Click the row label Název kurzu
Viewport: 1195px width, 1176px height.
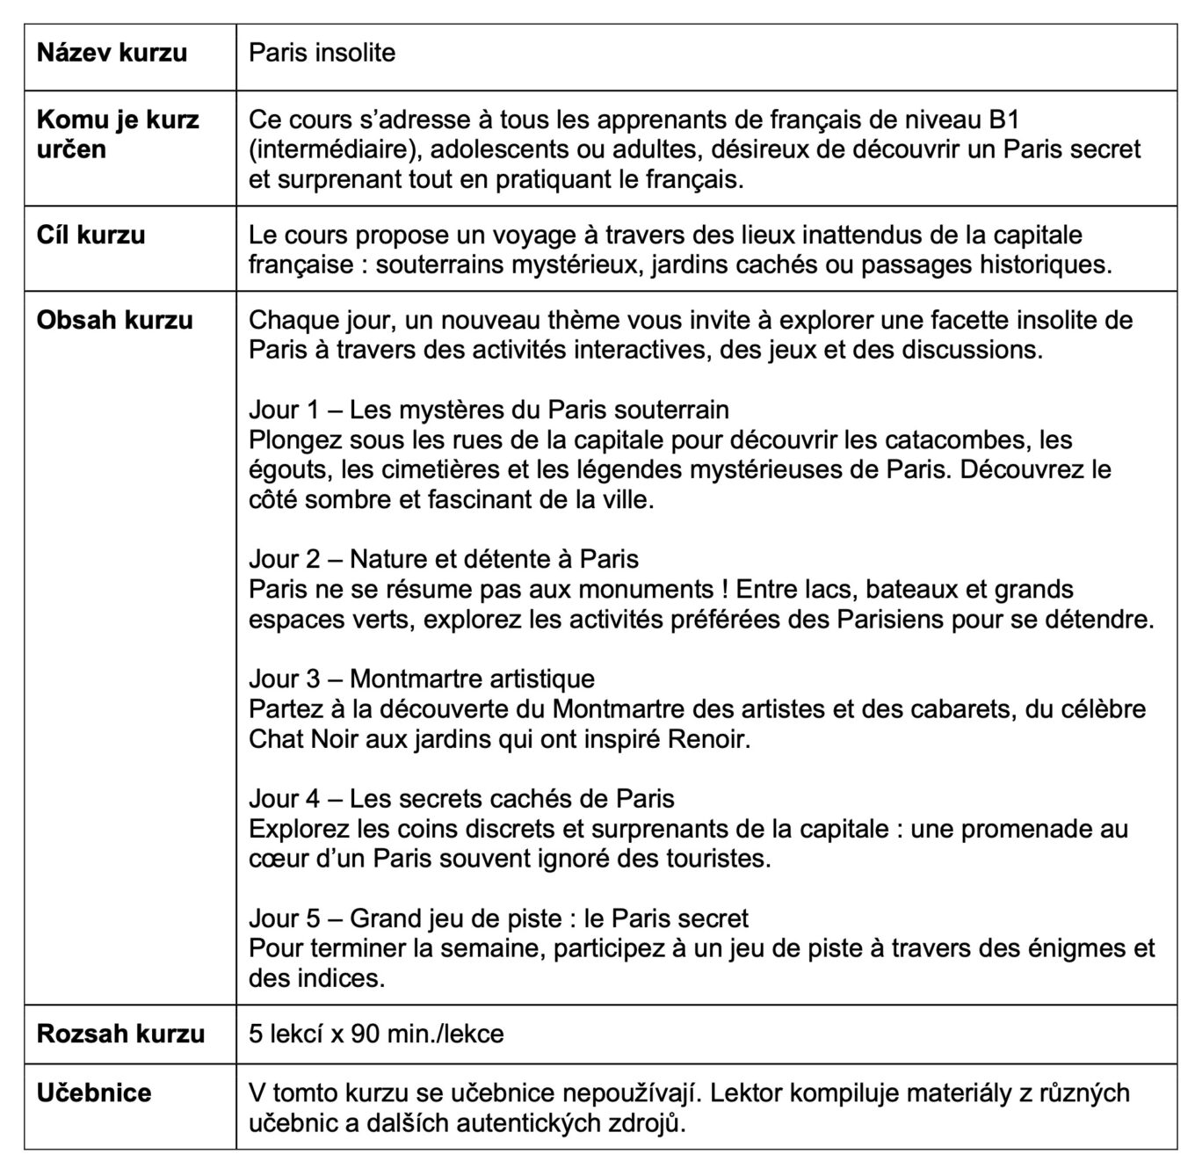point(112,53)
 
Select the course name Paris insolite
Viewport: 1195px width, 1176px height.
point(322,53)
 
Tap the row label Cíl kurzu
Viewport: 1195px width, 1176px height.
point(91,236)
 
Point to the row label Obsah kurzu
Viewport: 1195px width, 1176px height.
point(114,320)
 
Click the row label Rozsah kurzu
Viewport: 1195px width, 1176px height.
point(120,1033)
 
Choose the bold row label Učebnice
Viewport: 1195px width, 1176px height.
point(94,1093)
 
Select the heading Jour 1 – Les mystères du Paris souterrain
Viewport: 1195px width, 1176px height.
point(489,410)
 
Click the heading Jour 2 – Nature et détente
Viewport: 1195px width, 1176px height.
point(444,559)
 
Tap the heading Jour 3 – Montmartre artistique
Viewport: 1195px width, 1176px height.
point(422,679)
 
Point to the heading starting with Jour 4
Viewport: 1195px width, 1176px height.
point(461,798)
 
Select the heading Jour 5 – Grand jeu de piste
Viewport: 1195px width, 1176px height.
point(498,918)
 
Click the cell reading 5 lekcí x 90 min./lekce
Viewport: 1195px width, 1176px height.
point(376,1033)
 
